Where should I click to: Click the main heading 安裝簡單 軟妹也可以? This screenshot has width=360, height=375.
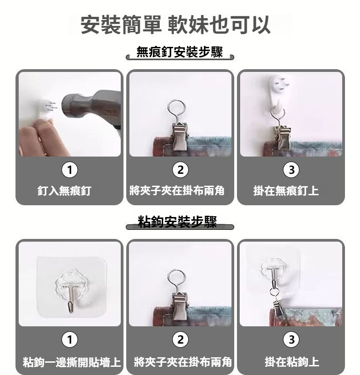coord(175,25)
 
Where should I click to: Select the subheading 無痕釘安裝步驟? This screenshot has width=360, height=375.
coord(180,52)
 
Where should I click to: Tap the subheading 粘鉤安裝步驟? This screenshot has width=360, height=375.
coord(177,222)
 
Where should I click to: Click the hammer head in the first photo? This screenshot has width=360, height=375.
coord(91,107)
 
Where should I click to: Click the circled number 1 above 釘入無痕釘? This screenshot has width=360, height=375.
coord(70,170)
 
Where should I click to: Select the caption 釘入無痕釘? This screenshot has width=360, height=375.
coord(64,191)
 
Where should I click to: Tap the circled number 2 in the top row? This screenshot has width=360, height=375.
coord(180,170)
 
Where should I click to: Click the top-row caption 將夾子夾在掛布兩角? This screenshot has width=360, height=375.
coord(177,191)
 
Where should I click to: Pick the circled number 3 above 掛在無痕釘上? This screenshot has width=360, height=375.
coord(291,170)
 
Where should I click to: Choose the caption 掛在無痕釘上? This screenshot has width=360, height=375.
coord(286,191)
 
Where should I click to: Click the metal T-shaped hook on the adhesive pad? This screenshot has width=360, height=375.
coord(71,299)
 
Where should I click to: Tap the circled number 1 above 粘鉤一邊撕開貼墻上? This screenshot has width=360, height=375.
coord(70,340)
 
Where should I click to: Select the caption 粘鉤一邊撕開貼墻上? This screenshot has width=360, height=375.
coord(72,362)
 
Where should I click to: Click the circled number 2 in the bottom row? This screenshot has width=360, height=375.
coord(180,340)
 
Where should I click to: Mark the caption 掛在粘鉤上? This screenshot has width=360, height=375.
coord(292,362)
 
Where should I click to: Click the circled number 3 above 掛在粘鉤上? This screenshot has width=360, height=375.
coord(291,340)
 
